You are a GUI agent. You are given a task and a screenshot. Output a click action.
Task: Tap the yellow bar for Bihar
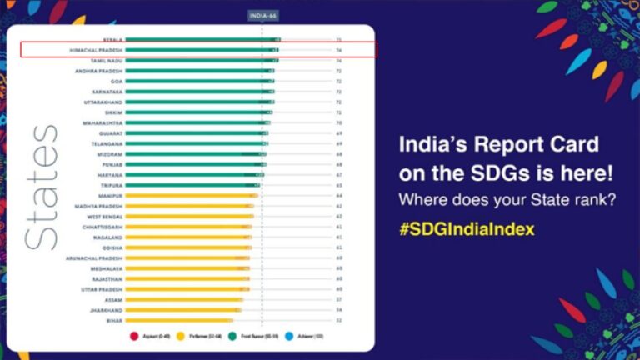pyautogui.click(x=178, y=320)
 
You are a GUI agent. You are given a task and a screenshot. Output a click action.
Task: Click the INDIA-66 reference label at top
pyautogui.click(x=262, y=16)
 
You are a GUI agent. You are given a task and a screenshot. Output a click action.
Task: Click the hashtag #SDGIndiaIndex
pyautogui.click(x=466, y=228)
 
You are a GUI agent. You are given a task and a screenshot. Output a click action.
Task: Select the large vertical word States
pyautogui.click(x=42, y=187)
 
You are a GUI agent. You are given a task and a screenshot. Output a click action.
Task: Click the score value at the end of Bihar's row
pyautogui.click(x=338, y=320)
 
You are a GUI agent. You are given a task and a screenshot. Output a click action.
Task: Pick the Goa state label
pyautogui.click(x=117, y=82)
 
